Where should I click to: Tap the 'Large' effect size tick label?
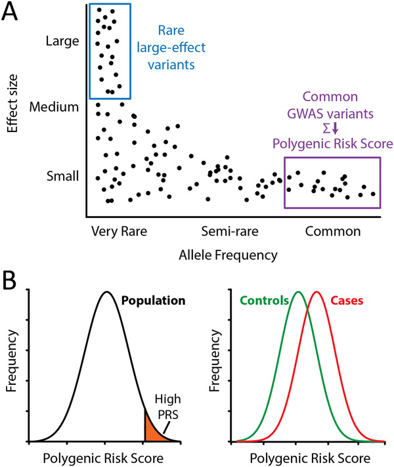(x=62, y=41)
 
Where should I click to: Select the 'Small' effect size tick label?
(x=63, y=175)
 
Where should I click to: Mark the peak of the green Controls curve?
(x=298, y=292)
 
